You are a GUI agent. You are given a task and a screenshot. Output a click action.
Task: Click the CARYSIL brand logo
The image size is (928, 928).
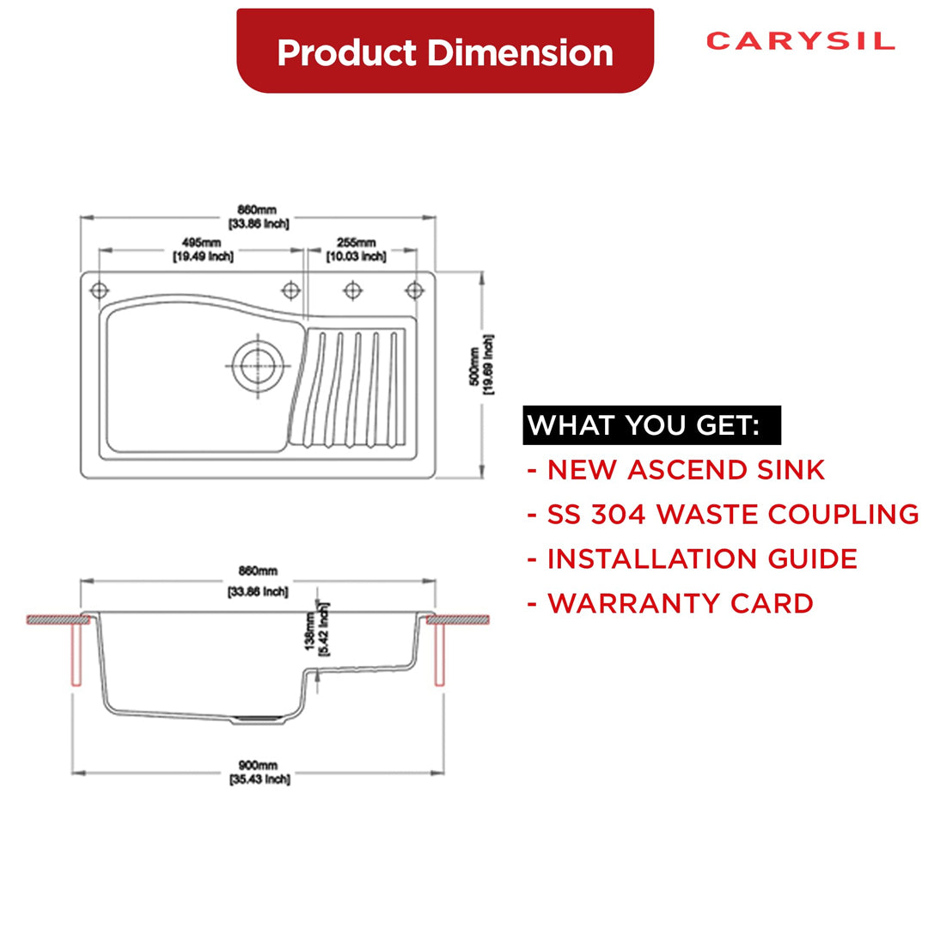pos(800,41)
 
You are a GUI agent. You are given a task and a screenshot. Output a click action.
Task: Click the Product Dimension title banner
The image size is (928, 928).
pos(445,52)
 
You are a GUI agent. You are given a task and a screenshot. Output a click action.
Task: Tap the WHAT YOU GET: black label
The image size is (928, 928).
pos(643,425)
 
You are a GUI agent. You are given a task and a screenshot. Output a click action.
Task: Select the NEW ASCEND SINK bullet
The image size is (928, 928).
pos(676,470)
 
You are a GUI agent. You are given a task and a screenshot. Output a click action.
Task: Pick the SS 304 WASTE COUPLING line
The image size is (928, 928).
pos(723,514)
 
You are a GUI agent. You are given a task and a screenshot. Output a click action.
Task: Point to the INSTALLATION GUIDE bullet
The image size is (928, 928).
pos(693,559)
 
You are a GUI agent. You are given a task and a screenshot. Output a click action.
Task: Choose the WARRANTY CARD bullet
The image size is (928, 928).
pos(670,603)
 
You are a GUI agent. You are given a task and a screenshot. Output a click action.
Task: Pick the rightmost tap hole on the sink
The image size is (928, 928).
pos(414,290)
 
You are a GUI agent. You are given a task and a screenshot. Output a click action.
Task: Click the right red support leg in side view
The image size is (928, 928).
pos(439,654)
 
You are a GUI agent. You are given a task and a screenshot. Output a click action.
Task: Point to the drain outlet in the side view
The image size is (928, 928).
pos(257,717)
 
